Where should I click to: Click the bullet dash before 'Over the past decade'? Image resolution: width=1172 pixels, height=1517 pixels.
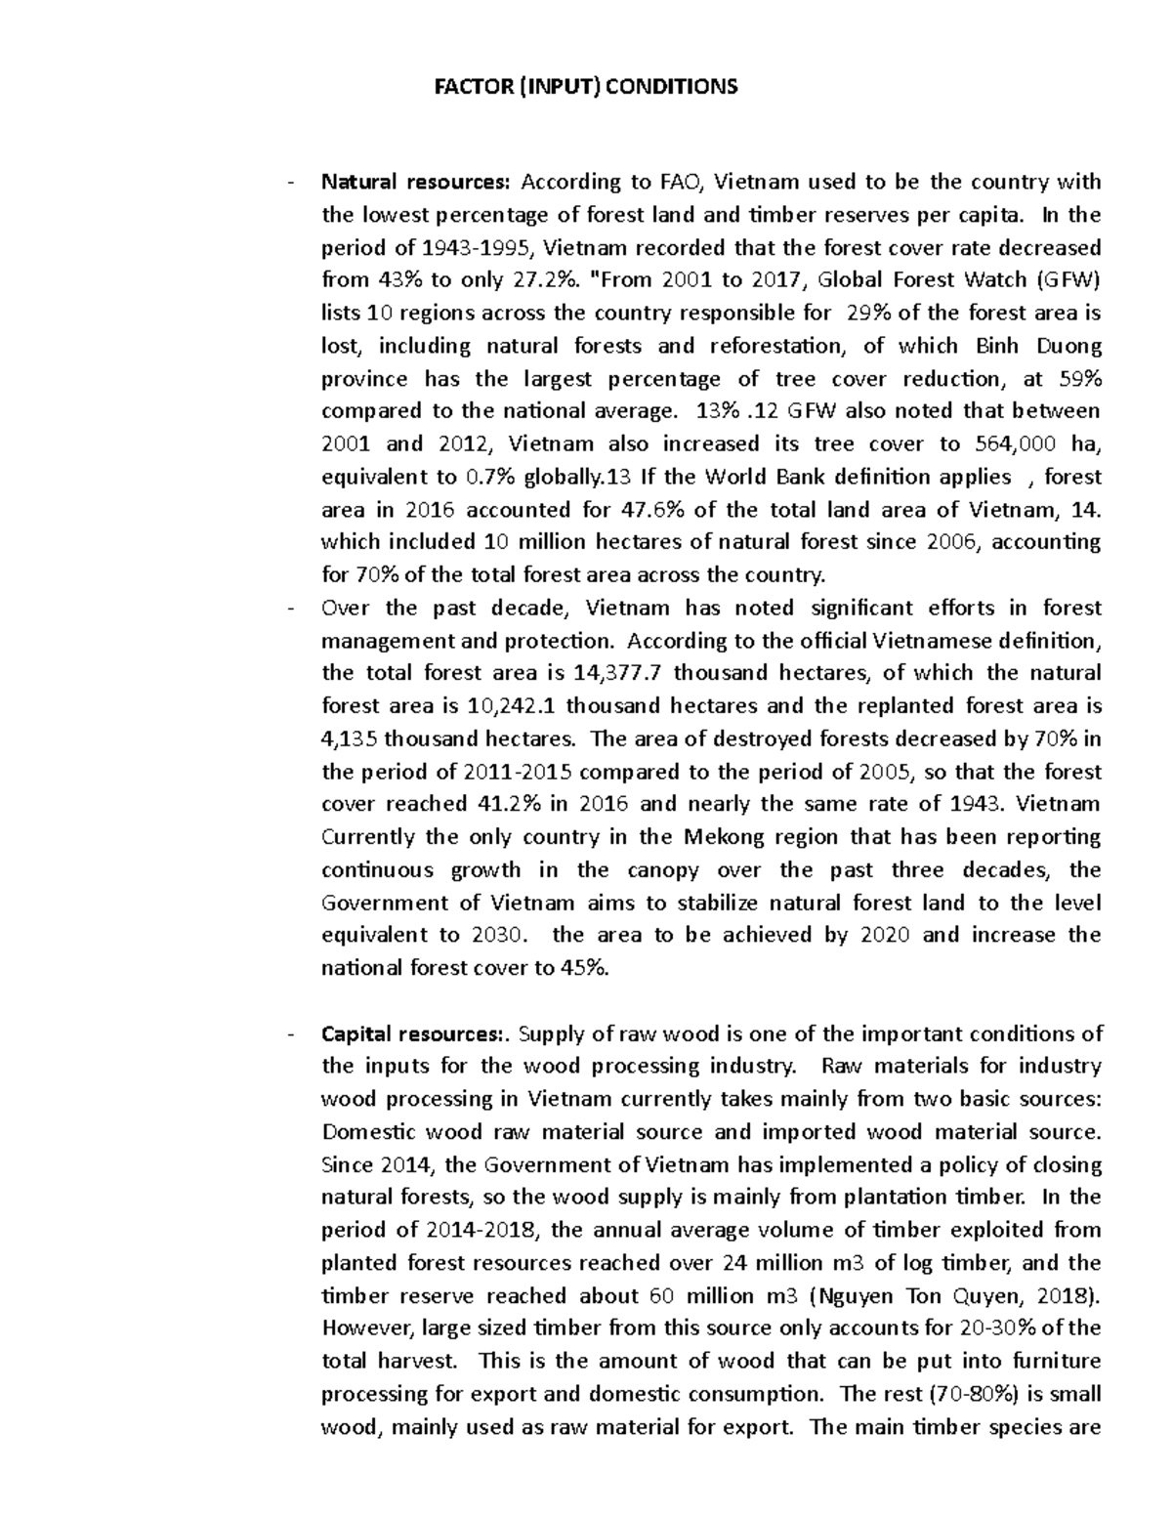click(x=290, y=609)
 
